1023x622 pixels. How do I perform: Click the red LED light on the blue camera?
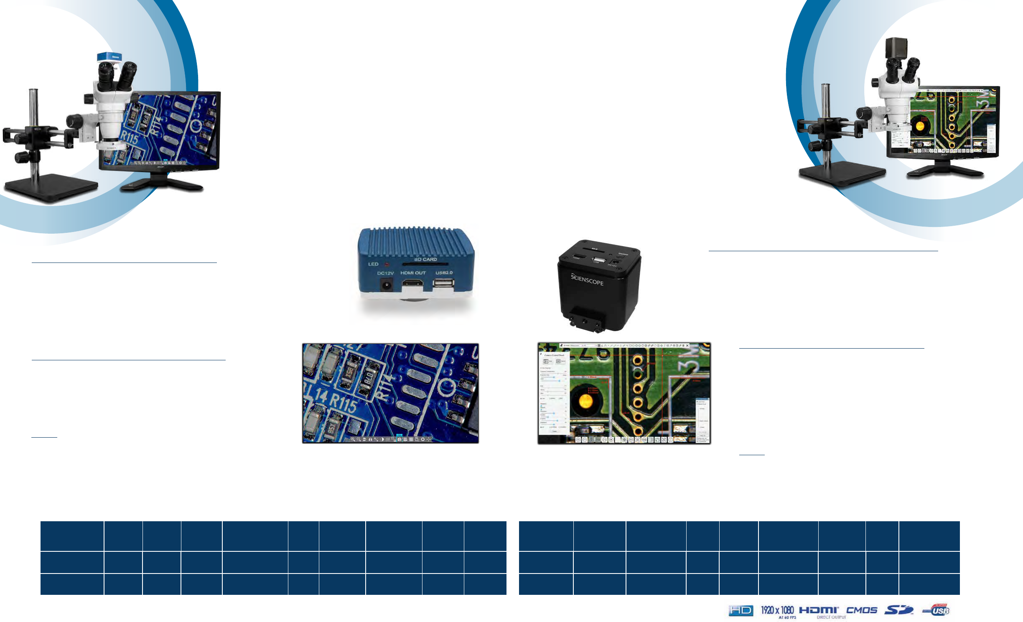pyautogui.click(x=387, y=264)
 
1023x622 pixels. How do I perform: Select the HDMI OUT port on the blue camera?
pyautogui.click(x=412, y=285)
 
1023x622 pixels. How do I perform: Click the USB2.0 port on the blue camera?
pyautogui.click(x=443, y=283)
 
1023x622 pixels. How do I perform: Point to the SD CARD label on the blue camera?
pyautogui.click(x=425, y=259)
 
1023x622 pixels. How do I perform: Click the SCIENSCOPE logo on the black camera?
pyautogui.click(x=587, y=279)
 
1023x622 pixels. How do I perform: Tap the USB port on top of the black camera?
pyautogui.click(x=598, y=260)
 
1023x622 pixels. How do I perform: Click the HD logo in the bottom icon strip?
pyautogui.click(x=741, y=611)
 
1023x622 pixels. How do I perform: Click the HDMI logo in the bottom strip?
pyautogui.click(x=819, y=611)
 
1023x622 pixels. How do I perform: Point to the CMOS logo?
pyautogui.click(x=861, y=610)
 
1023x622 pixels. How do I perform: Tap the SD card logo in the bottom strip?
pyautogui.click(x=898, y=610)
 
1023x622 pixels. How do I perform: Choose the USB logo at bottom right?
pyautogui.click(x=937, y=610)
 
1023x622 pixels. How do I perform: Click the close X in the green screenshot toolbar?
pyautogui.click(x=687, y=346)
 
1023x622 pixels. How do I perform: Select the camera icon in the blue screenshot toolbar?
pyautogui.click(x=400, y=439)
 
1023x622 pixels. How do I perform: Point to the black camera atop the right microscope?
pyautogui.click(x=896, y=48)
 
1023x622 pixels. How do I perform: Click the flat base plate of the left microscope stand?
pyautogui.click(x=50, y=187)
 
